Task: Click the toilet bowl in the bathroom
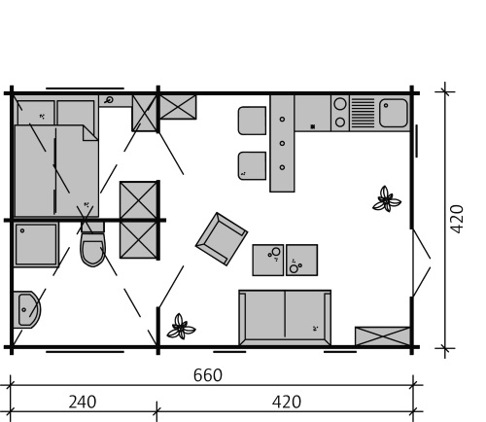coord(93,249)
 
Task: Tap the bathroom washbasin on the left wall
coord(27,309)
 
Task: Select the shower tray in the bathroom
coord(36,244)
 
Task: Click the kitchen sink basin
coord(394,113)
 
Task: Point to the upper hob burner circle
coord(340,104)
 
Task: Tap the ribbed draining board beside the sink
coord(363,113)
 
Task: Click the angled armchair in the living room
coord(222,239)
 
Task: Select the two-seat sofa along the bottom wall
coord(285,318)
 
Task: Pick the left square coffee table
coord(268,260)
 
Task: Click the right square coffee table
coord(301,260)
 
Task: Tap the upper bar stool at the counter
coord(252,121)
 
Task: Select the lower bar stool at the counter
coord(252,165)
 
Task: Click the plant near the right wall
coord(386,199)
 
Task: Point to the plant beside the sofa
coord(181,327)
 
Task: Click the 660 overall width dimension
coord(208,375)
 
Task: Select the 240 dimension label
coord(83,402)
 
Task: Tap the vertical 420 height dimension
coord(457,219)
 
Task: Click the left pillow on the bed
coord(36,113)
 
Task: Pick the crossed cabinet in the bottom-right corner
coord(382,336)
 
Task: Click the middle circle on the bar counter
coord(282,143)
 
